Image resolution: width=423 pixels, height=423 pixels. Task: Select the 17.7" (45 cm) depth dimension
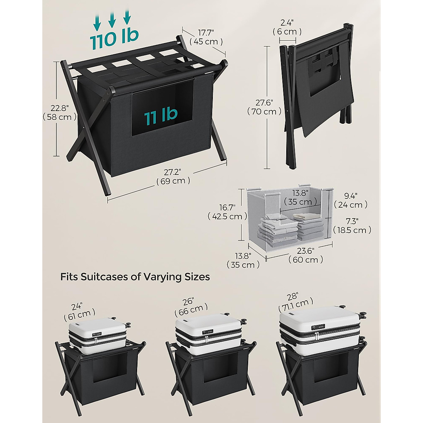tap(206, 37)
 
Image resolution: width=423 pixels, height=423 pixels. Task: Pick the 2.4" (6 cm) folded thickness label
tap(287, 27)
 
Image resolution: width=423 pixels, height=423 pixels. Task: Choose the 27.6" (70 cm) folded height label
tap(264, 107)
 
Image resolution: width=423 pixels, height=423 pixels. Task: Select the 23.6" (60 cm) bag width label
tap(305, 256)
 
